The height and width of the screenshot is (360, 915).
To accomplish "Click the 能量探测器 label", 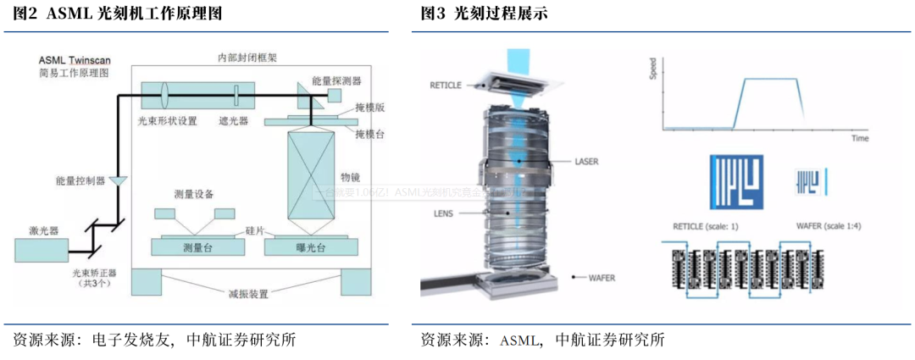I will pos(336,80).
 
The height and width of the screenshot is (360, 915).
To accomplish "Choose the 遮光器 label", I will pos(233,121).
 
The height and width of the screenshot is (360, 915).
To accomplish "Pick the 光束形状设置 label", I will pos(167,121).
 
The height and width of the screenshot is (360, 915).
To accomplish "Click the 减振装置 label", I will pos(248,294).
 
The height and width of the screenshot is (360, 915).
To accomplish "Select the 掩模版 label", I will pos(370,109).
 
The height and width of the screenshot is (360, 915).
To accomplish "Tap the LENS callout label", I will pos(445,213).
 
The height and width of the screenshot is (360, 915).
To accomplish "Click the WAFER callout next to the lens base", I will pos(597,277).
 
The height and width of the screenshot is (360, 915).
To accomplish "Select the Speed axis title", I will pos(652,70).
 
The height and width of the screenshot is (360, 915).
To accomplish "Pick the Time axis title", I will pos(860,136).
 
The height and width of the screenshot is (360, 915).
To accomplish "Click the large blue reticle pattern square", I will pos(736,181).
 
